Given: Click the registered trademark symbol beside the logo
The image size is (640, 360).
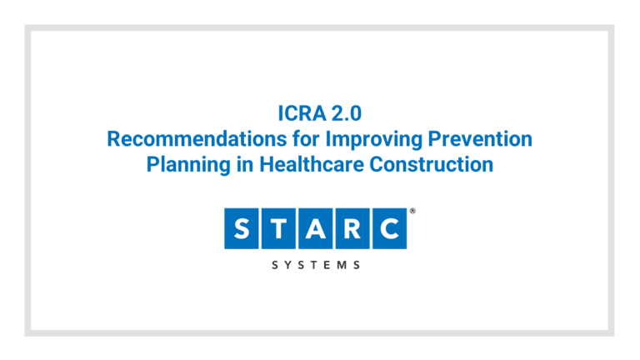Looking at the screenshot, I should pos(412,212).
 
